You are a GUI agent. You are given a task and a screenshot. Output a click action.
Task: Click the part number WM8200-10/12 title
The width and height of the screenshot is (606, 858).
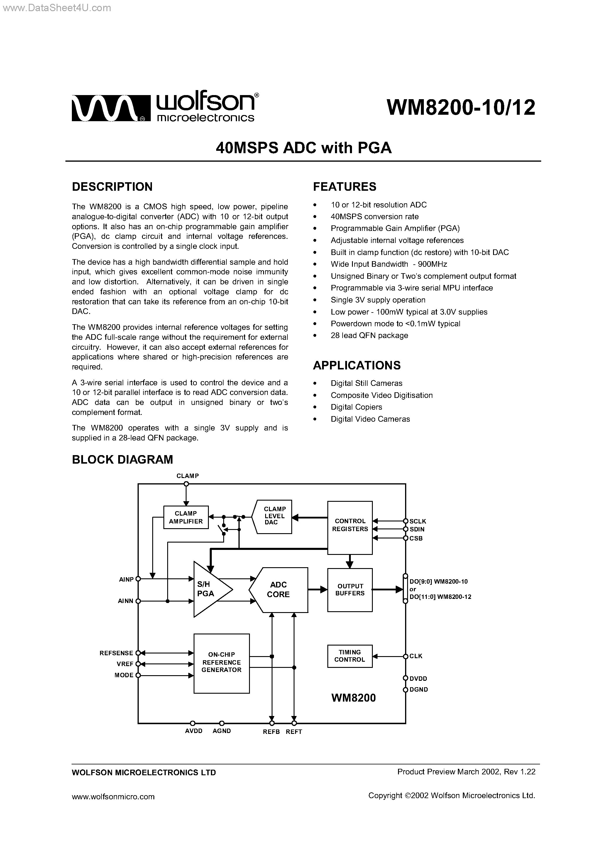coord(461,108)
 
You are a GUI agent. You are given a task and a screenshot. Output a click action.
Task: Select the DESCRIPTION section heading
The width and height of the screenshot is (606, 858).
coord(112,186)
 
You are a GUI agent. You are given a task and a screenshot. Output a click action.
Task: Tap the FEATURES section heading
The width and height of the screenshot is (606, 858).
coord(344,186)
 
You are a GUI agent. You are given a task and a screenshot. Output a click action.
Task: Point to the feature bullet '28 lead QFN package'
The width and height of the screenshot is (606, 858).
coord(369,335)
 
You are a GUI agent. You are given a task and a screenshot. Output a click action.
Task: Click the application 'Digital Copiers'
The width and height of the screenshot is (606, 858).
coord(356,407)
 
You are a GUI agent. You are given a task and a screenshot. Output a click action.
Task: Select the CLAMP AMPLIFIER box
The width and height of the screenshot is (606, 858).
coord(186,517)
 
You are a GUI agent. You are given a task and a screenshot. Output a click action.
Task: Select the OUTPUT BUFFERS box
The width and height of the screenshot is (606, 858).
coord(350,590)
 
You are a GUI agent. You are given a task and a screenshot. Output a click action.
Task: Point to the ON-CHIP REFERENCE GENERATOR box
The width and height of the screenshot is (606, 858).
coord(221,662)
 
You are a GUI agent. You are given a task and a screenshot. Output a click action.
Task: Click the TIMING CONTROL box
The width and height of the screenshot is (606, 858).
coord(350,656)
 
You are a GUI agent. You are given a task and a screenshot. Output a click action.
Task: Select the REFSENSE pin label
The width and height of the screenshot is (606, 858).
coord(116,653)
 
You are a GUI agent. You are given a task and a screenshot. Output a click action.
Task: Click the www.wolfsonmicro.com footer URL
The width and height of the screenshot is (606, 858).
coord(113,796)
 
